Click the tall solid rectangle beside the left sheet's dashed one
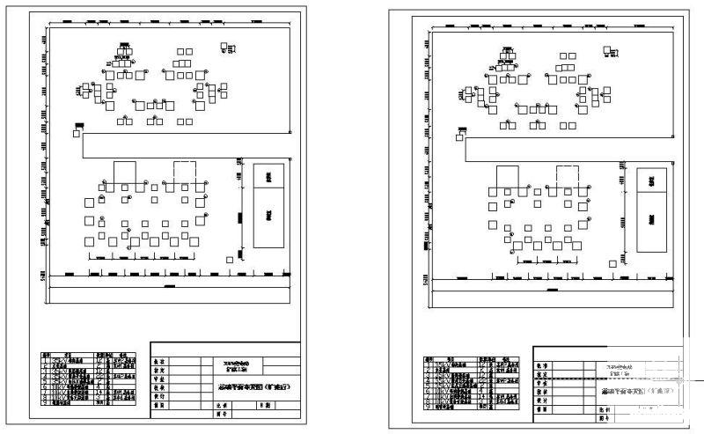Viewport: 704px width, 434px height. [x=125, y=173]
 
